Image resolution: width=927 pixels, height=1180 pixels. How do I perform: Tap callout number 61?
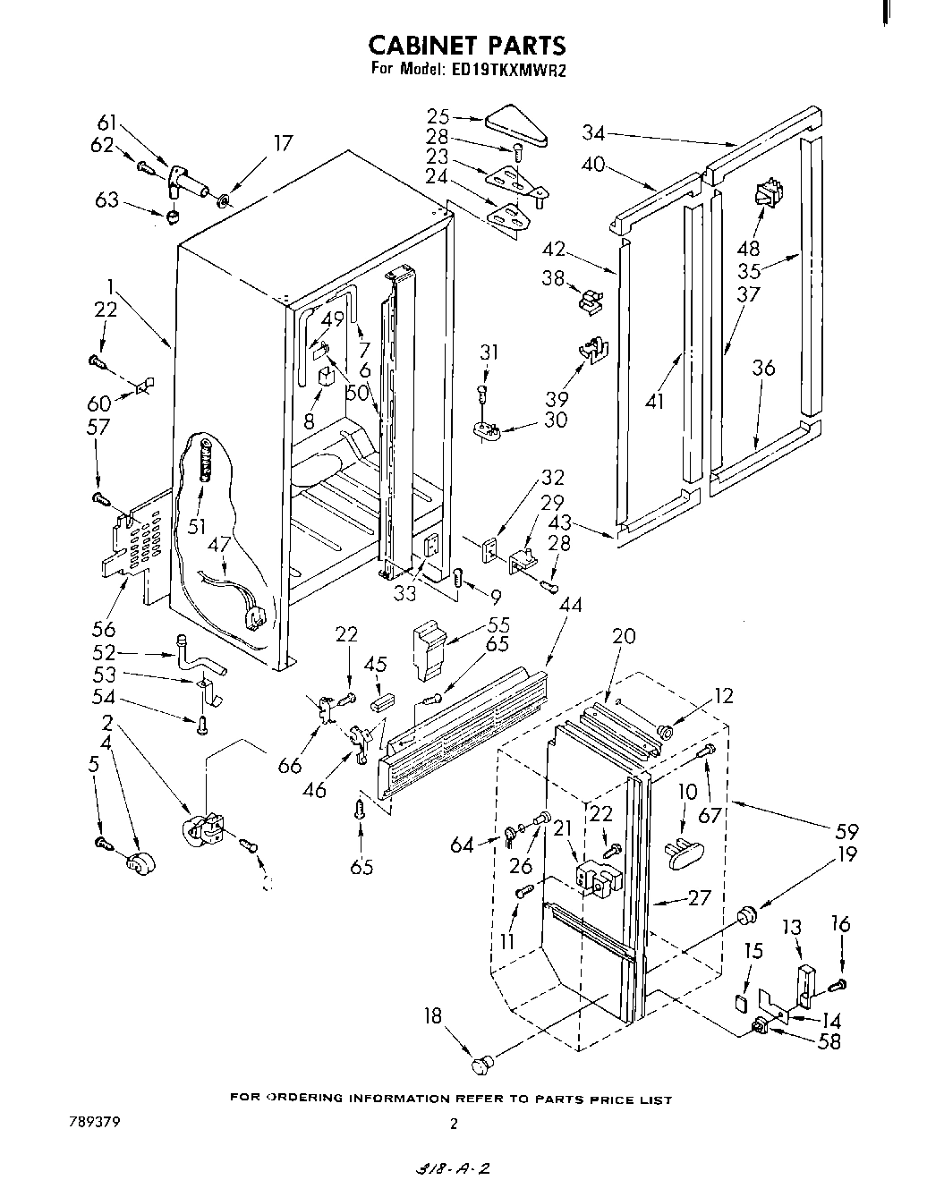click(107, 124)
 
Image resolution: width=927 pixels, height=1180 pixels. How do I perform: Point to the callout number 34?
click(593, 133)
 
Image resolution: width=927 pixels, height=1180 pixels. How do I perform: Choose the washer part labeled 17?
click(223, 197)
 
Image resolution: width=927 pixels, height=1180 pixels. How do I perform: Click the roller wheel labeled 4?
click(139, 863)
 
